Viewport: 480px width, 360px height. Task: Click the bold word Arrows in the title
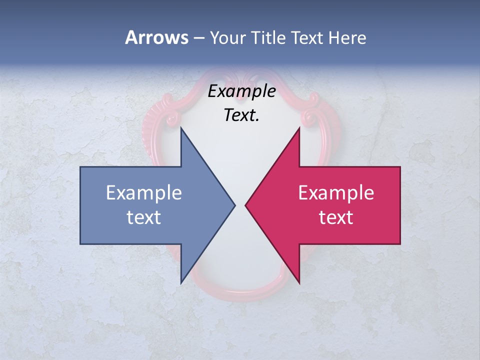tap(156, 37)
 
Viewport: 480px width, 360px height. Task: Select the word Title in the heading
tap(269, 38)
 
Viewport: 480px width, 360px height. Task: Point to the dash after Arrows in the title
tap(198, 38)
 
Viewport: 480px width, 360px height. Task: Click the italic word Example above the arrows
tap(241, 91)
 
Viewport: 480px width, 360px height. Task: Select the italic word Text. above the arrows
tap(241, 115)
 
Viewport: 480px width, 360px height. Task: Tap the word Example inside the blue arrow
tap(144, 193)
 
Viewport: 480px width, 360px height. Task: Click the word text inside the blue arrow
tap(144, 217)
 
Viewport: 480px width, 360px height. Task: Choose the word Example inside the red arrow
tap(336, 193)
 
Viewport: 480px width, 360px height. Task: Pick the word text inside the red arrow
tap(336, 217)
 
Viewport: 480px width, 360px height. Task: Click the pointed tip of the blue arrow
tap(234, 205)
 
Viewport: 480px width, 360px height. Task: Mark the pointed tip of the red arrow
tap(245, 205)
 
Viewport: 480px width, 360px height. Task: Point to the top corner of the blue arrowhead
tap(181, 128)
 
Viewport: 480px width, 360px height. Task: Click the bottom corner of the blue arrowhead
tap(181, 283)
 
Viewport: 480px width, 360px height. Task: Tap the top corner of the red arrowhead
tap(299, 128)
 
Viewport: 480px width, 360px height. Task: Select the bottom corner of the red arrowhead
tap(299, 283)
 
